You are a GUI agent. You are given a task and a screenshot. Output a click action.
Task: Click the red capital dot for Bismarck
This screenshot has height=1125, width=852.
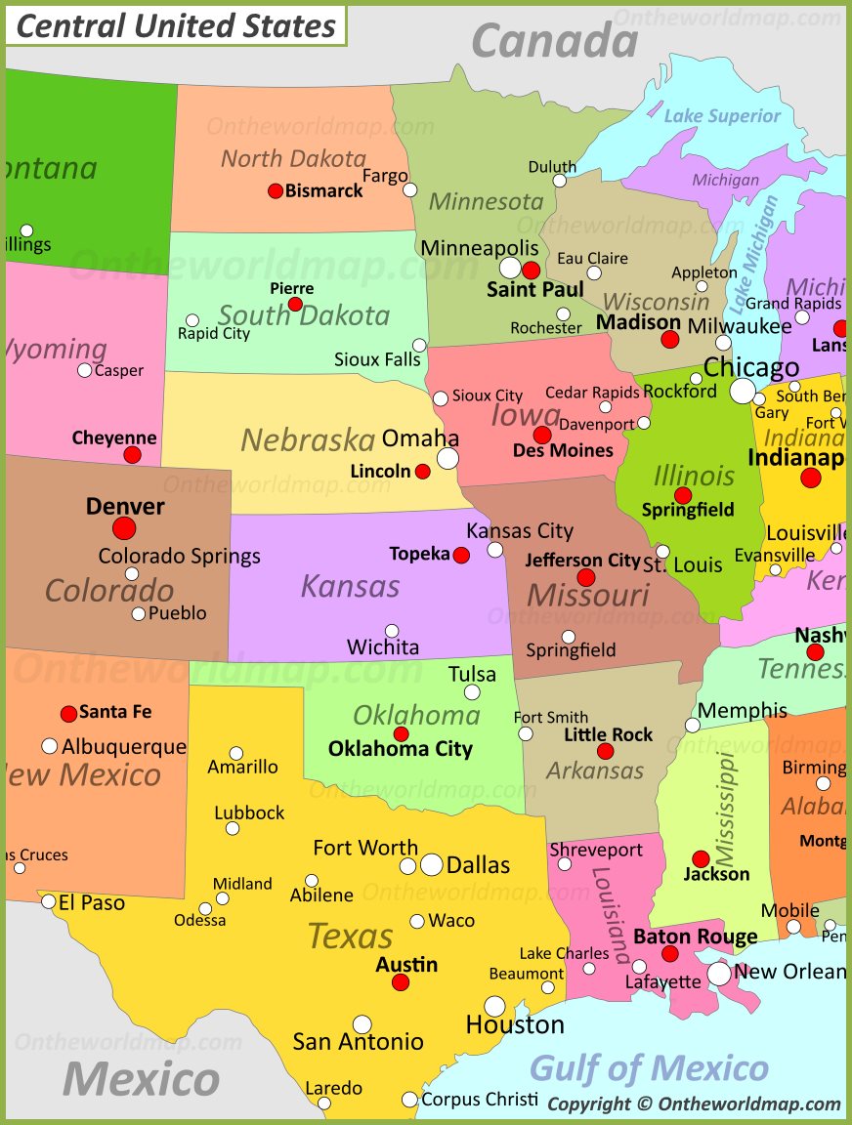click(x=276, y=190)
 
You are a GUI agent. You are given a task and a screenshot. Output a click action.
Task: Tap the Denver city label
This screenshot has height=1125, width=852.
click(x=125, y=506)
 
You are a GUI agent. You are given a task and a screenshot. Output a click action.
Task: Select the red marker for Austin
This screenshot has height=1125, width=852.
click(x=401, y=982)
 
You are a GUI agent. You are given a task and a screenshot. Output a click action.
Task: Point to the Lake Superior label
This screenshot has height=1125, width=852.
click(x=722, y=116)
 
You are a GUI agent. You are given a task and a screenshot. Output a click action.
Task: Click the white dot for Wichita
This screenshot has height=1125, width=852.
click(x=392, y=631)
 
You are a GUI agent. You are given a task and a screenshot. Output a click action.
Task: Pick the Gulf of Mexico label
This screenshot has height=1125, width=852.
click(x=649, y=1067)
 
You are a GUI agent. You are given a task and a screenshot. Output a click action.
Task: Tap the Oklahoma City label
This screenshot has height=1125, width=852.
click(x=400, y=749)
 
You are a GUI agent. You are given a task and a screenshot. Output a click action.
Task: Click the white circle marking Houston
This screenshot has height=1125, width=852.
click(x=495, y=1006)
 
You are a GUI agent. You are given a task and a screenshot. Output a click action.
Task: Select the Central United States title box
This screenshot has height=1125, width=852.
click(x=176, y=26)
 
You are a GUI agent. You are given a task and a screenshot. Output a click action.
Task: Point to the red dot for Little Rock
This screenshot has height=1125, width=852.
click(x=606, y=751)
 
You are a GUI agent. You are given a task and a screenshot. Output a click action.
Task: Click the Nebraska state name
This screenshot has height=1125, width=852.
click(x=308, y=439)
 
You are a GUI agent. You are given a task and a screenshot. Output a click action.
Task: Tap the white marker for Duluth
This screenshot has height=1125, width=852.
click(x=559, y=181)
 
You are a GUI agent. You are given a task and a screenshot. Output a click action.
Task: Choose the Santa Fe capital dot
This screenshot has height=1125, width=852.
click(x=68, y=714)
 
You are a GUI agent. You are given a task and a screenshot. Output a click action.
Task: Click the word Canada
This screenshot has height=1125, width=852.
click(x=554, y=41)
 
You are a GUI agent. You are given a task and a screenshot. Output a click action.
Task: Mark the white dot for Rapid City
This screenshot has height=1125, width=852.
click(x=192, y=320)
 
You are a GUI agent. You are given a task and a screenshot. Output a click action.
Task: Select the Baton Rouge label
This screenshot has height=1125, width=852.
click(x=695, y=937)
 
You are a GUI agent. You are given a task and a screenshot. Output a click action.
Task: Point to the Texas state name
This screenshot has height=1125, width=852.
click(x=350, y=937)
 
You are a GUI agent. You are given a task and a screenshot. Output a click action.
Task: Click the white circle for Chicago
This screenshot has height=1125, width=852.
click(x=743, y=391)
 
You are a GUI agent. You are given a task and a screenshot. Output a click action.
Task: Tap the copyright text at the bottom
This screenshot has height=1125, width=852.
click(x=694, y=1104)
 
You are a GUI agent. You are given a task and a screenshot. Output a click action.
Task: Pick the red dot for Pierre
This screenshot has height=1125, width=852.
click(x=295, y=305)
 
